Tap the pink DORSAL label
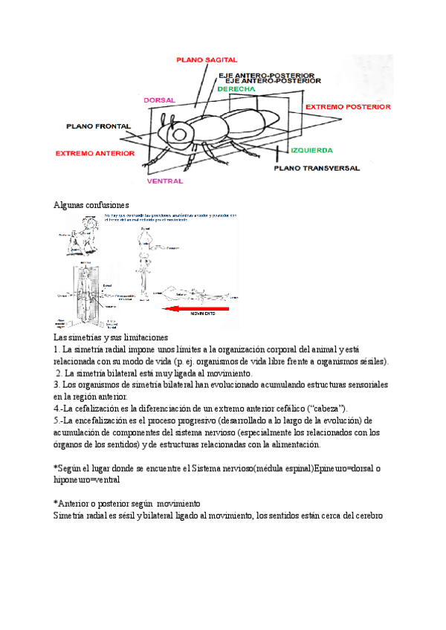[x=159, y=99]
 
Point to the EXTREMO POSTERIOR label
[x=348, y=107]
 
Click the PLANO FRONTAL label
[x=99, y=126]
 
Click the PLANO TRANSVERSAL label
[x=317, y=169]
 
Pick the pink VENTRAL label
[x=164, y=181]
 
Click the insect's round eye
[x=181, y=134]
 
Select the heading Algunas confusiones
[x=91, y=204]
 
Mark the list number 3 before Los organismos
[x=56, y=385]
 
